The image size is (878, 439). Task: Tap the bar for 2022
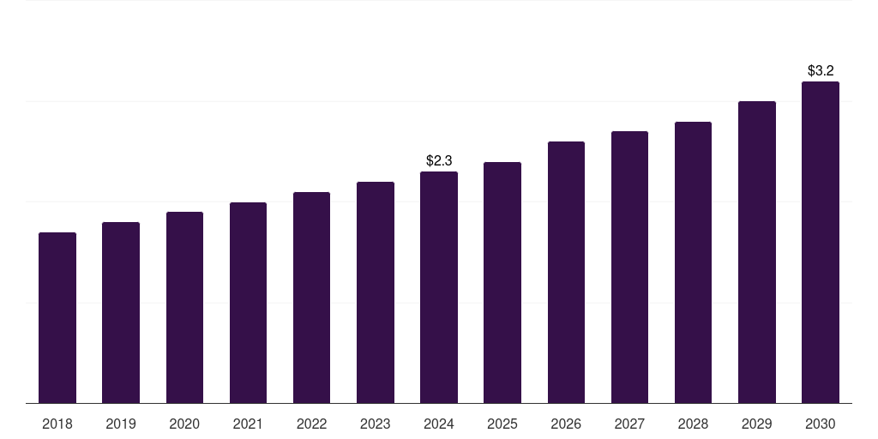[x=311, y=298]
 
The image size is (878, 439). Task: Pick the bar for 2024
[x=439, y=287]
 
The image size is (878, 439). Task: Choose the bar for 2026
[x=566, y=272]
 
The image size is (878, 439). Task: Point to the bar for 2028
[x=693, y=262]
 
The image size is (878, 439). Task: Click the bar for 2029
[x=756, y=252]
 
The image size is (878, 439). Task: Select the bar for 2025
[x=502, y=282]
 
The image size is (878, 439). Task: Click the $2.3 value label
[x=439, y=160]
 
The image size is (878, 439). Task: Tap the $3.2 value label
[x=821, y=70]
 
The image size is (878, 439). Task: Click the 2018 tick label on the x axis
[x=57, y=424]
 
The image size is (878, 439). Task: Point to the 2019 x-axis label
[x=121, y=424]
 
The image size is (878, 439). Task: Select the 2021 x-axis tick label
[x=248, y=424]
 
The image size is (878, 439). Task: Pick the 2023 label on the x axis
[x=375, y=424]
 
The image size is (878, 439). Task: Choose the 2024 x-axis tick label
[x=439, y=424]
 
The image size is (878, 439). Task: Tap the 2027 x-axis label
[x=629, y=424]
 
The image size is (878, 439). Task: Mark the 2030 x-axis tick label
[x=820, y=424]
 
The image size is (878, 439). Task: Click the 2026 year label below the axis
[x=566, y=424]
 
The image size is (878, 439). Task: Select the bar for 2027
[x=629, y=267]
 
